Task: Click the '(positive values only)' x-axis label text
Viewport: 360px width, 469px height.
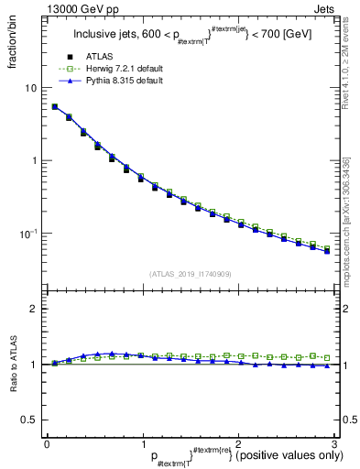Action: (x=285, y=455)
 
